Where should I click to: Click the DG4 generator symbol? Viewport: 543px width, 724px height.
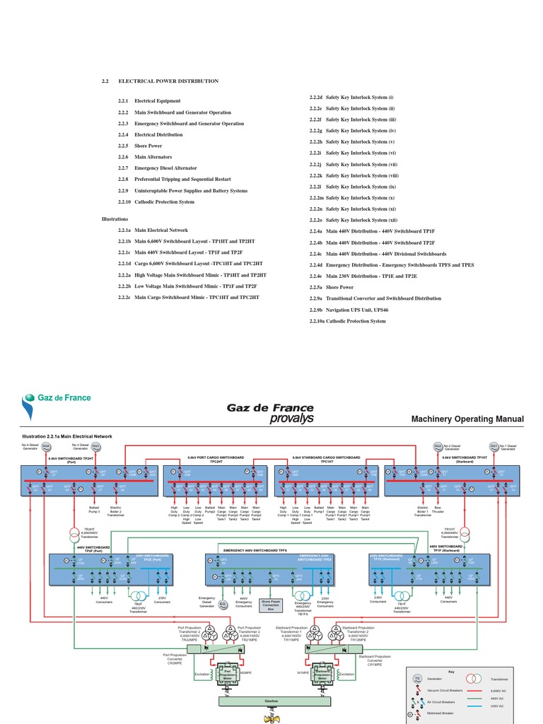[46, 446]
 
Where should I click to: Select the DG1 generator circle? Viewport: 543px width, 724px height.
[494, 446]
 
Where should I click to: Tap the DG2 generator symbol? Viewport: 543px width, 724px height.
[438, 446]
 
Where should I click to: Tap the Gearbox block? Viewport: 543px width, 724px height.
[271, 701]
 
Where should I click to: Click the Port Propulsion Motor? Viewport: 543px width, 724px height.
[228, 672]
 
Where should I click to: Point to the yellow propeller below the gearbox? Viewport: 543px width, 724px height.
[271, 718]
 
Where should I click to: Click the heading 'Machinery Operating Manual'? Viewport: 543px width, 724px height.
[467, 419]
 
